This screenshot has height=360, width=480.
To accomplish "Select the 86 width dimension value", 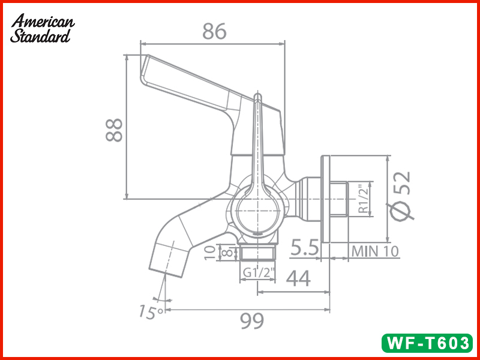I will (x=214, y=31).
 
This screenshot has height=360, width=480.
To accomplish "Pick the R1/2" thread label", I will (x=364, y=200).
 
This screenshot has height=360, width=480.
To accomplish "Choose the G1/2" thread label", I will (x=259, y=273).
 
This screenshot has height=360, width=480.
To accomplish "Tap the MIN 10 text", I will (x=375, y=251).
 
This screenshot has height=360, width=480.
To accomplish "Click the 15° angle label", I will (x=150, y=312).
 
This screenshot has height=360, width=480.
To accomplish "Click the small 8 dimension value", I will (x=226, y=253).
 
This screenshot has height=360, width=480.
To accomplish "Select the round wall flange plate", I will (x=326, y=199).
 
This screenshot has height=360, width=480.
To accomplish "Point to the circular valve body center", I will (x=259, y=211).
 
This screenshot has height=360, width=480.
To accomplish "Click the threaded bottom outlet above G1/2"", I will (x=259, y=253).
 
